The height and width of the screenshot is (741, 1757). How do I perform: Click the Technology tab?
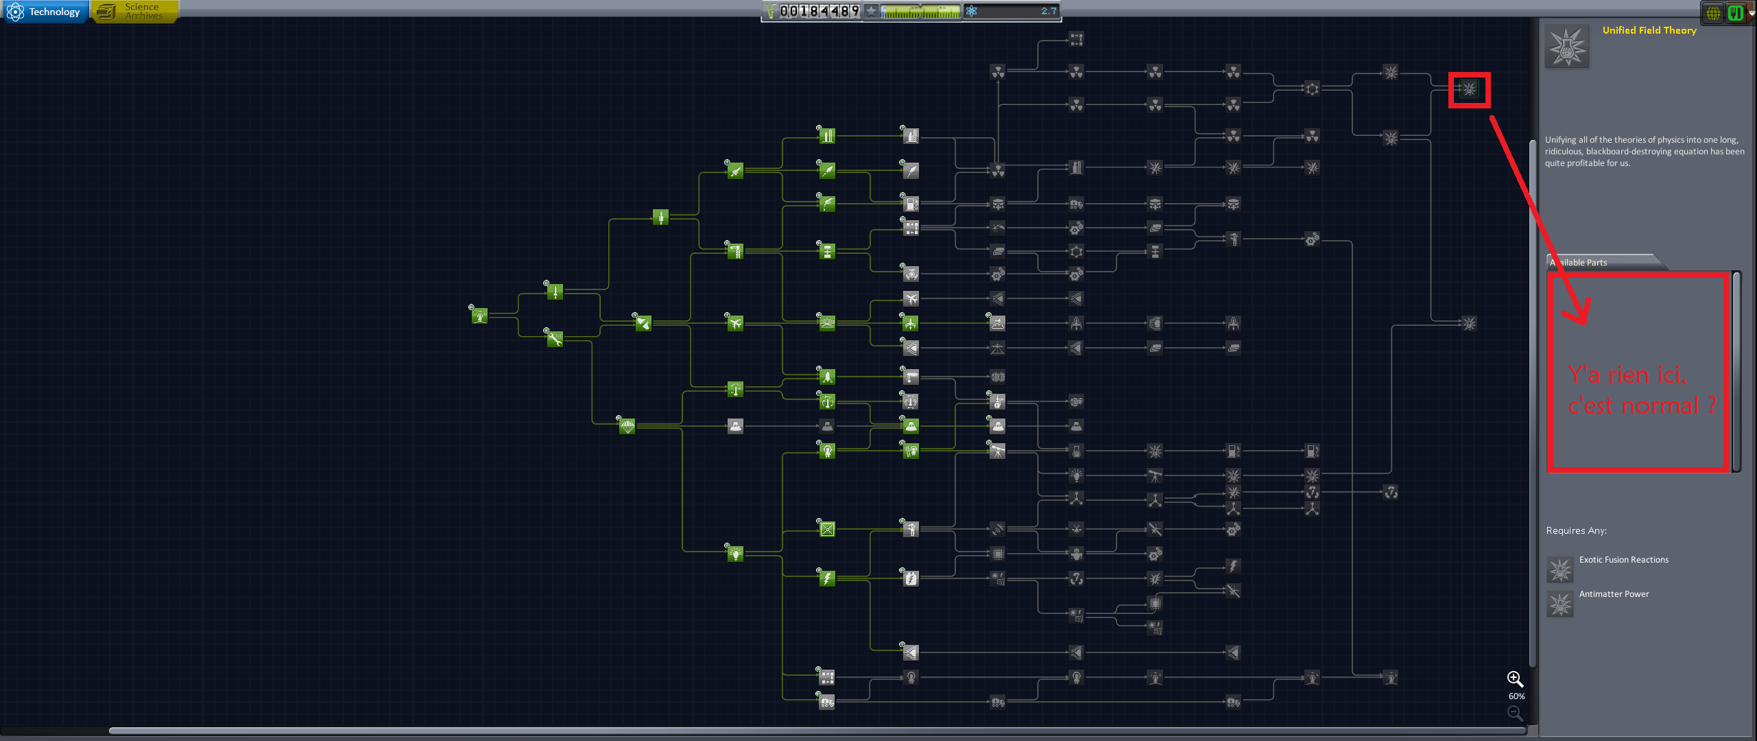pyautogui.click(x=45, y=12)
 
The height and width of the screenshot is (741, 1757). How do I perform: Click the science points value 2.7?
pyautogui.click(x=1048, y=11)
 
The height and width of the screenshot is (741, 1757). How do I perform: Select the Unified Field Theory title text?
pyautogui.click(x=1649, y=30)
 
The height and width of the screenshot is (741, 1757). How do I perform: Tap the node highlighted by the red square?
pyautogui.click(x=1469, y=89)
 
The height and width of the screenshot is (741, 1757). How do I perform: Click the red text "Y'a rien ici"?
pyautogui.click(x=1627, y=375)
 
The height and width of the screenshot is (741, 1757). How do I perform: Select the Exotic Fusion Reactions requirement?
pyautogui.click(x=1623, y=560)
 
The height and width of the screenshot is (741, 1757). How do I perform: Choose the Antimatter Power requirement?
pyautogui.click(x=1613, y=594)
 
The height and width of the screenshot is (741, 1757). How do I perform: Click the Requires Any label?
pyautogui.click(x=1576, y=530)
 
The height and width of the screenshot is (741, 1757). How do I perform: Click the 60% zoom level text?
pyautogui.click(x=1516, y=696)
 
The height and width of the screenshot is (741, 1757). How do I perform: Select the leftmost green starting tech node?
pyautogui.click(x=479, y=316)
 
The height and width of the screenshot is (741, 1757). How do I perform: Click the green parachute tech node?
pyautogui.click(x=627, y=427)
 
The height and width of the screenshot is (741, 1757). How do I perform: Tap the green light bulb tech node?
pyautogui.click(x=735, y=553)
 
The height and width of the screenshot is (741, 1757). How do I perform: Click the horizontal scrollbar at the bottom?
pyautogui.click(x=816, y=730)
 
